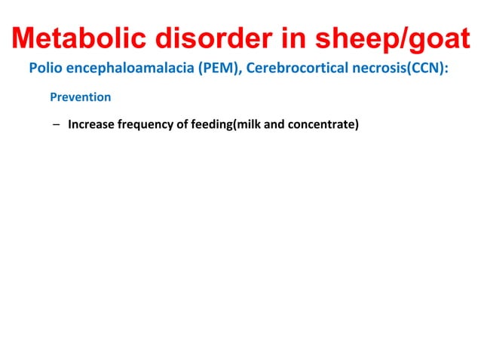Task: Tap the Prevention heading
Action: point(81,97)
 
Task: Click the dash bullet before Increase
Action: point(57,124)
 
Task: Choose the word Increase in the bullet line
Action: point(92,124)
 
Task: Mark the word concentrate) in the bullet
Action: point(324,124)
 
